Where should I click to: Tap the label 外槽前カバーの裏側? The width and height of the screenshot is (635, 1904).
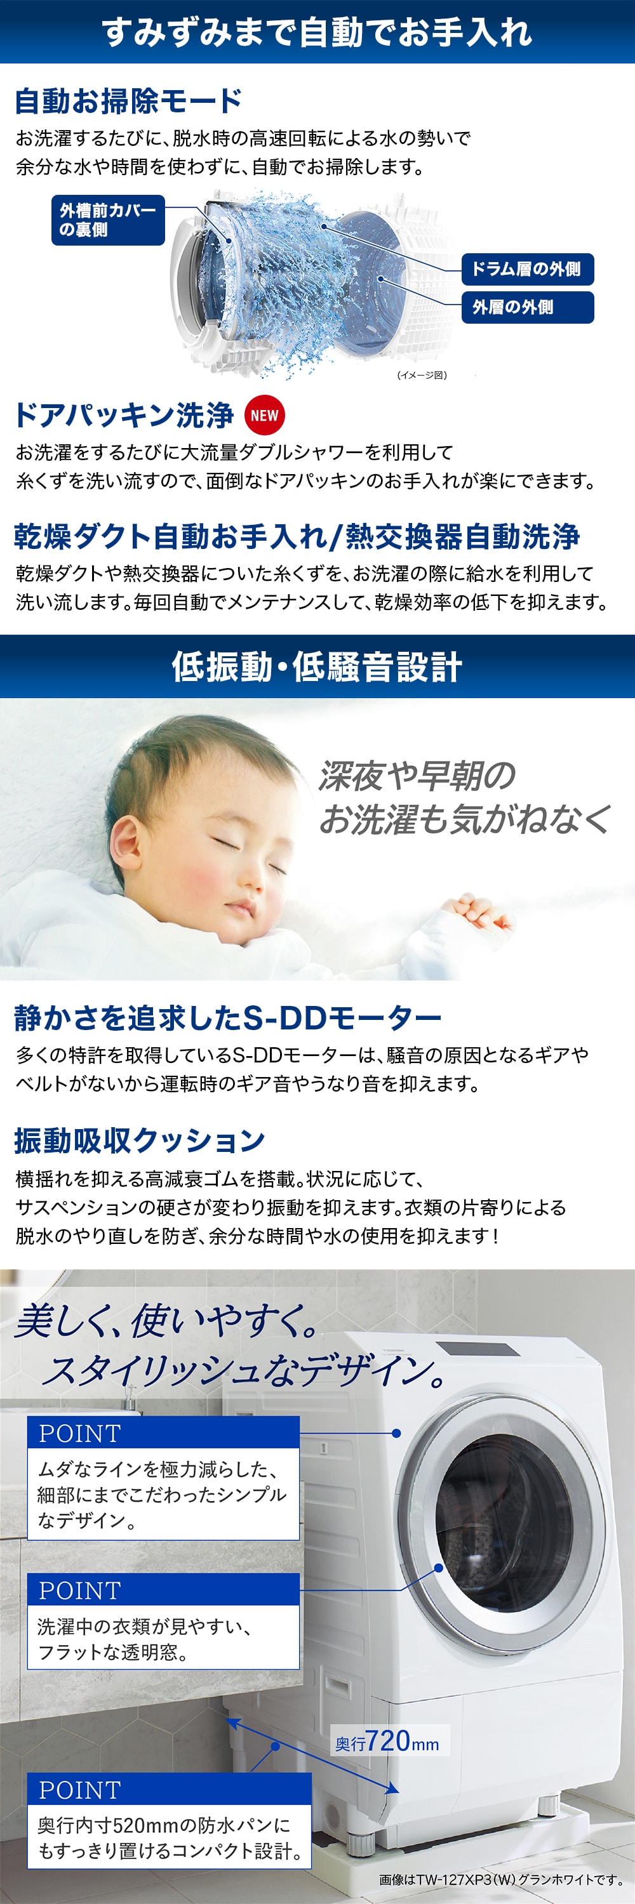tap(108, 220)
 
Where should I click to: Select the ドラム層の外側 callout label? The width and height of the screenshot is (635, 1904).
tap(527, 269)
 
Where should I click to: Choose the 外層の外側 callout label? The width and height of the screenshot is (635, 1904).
tap(527, 307)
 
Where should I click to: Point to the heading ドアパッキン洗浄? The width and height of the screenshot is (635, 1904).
tap(124, 416)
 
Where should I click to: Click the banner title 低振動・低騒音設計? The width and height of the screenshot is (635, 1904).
tap(317, 666)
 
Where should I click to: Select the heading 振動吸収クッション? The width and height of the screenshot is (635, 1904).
tap(140, 1140)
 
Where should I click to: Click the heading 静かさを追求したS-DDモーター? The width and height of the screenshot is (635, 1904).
tap(228, 1018)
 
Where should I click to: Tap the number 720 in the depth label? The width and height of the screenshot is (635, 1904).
tap(388, 1741)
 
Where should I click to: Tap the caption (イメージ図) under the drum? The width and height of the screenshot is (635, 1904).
tap(422, 376)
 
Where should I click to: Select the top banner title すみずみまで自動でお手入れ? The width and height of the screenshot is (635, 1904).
tap(317, 32)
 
